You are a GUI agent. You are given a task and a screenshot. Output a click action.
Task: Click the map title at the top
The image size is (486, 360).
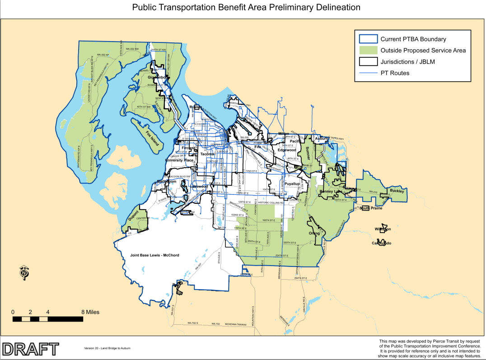click(246, 8)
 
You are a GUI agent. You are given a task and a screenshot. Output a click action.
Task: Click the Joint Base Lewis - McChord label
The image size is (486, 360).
click(154, 255)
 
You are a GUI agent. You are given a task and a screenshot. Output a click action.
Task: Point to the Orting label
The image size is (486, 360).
click(314, 234)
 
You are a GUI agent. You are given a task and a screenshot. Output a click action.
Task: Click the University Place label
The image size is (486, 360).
click(179, 160)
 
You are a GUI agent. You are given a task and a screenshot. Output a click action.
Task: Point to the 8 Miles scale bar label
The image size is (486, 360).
click(90, 312)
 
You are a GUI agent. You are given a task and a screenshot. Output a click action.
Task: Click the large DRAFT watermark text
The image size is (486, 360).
click(30, 348)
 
